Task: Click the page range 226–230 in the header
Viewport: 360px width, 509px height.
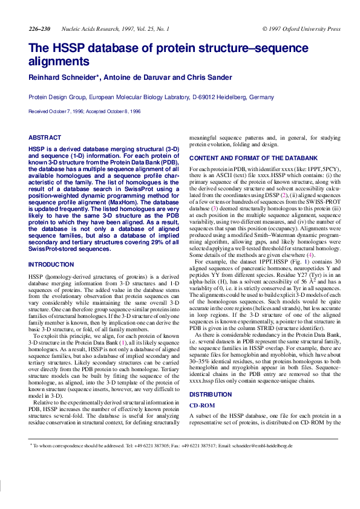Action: (39, 29)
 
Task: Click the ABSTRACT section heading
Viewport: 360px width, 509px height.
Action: (45, 138)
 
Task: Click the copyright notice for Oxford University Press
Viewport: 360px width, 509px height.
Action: (301, 29)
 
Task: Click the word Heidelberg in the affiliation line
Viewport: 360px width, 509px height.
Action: (234, 97)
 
